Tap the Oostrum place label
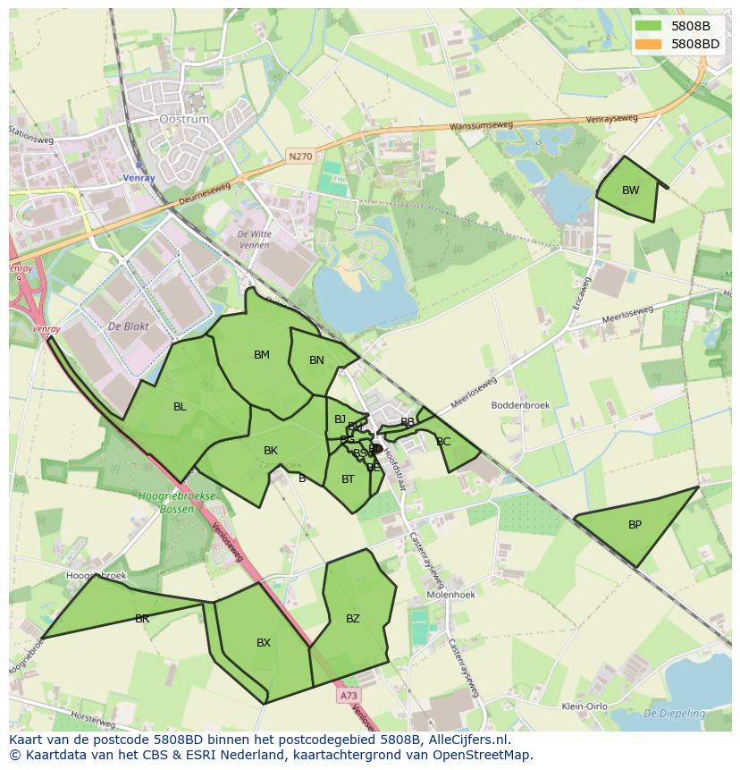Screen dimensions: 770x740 pyautogui.click(x=183, y=119)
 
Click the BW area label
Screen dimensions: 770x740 pyautogui.click(x=631, y=190)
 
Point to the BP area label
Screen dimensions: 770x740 pyautogui.click(x=635, y=525)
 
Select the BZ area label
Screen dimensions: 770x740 pyautogui.click(x=353, y=618)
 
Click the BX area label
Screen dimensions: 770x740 pyautogui.click(x=264, y=642)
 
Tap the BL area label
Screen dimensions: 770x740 pyautogui.click(x=180, y=407)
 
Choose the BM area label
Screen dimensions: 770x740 pyautogui.click(x=261, y=355)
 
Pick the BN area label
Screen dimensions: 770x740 pyautogui.click(x=316, y=360)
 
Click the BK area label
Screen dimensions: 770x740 pyautogui.click(x=271, y=450)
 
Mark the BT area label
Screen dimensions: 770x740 pyautogui.click(x=348, y=479)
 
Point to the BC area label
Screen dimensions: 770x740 pyautogui.click(x=443, y=442)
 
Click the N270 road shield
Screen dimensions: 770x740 pyautogui.click(x=301, y=157)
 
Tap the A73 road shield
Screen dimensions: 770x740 pyautogui.click(x=349, y=694)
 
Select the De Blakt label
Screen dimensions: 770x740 pyautogui.click(x=127, y=326)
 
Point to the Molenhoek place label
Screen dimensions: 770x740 pyautogui.click(x=450, y=594)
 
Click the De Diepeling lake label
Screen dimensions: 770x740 pyautogui.click(x=674, y=713)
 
